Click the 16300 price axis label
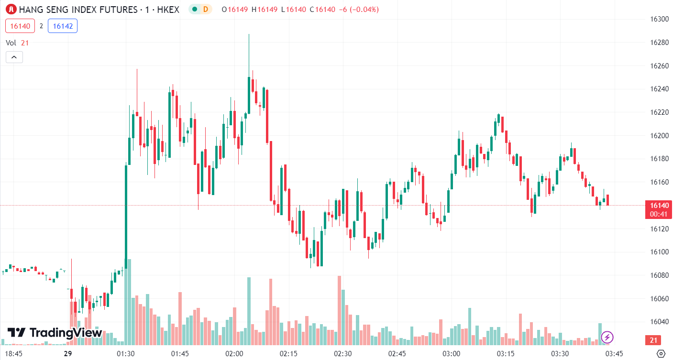point(659,19)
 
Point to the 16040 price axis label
point(659,322)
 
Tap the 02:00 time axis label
point(234,354)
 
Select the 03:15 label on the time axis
point(506,354)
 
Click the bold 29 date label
point(67,354)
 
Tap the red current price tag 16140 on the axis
point(659,205)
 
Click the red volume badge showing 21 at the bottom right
point(652,340)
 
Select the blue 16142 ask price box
point(63,26)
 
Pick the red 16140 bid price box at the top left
point(20,26)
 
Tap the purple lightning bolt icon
point(607,337)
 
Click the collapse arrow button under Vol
point(14,57)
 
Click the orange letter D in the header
point(205,9)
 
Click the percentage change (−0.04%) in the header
point(362,9)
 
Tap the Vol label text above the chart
point(11,43)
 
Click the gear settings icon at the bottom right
point(661,354)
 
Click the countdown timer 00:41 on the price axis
point(659,214)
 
